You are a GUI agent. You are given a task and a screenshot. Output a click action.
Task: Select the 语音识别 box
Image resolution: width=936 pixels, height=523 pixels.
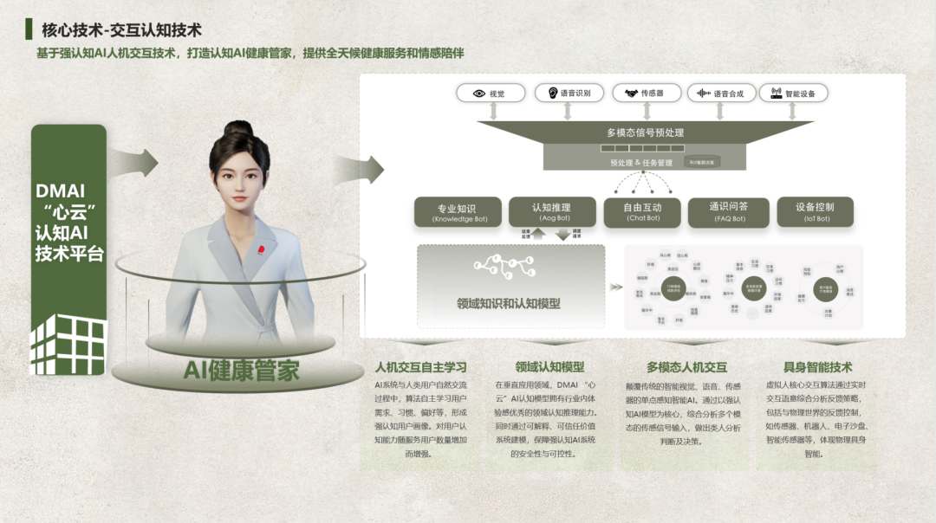[569, 94]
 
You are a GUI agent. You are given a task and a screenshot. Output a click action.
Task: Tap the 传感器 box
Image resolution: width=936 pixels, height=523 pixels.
[646, 94]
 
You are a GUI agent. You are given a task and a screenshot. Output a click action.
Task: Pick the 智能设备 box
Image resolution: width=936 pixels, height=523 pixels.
[793, 94]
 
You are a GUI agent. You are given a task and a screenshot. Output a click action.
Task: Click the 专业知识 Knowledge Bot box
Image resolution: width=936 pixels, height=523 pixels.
[459, 212]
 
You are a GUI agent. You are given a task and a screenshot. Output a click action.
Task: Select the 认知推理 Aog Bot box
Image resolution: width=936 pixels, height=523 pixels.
[551, 212]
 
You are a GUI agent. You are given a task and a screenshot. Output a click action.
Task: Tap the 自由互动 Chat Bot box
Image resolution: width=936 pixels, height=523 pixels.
[642, 212]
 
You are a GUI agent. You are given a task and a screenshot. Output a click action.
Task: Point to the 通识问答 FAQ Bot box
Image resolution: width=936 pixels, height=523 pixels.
[728, 212]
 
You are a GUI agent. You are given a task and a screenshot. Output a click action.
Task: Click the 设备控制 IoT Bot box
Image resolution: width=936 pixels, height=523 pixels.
[814, 212]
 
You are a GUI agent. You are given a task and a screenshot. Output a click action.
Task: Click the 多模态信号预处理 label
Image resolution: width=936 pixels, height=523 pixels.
[645, 132]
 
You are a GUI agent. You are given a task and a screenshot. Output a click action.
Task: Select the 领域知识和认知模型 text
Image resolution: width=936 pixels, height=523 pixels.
[509, 304]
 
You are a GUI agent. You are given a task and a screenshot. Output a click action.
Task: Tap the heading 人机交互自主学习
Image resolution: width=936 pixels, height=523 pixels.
[420, 367]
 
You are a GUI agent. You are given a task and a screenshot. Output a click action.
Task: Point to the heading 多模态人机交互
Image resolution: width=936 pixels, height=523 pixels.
[686, 367]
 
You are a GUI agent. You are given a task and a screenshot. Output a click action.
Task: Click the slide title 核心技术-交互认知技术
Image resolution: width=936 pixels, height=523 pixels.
[124, 30]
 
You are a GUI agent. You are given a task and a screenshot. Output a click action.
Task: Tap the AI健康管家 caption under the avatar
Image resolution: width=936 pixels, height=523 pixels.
[241, 371]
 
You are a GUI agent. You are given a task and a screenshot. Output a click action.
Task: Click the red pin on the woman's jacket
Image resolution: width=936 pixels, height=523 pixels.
[256, 251]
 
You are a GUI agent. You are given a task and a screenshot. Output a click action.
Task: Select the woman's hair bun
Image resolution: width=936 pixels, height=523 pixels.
[237, 130]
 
